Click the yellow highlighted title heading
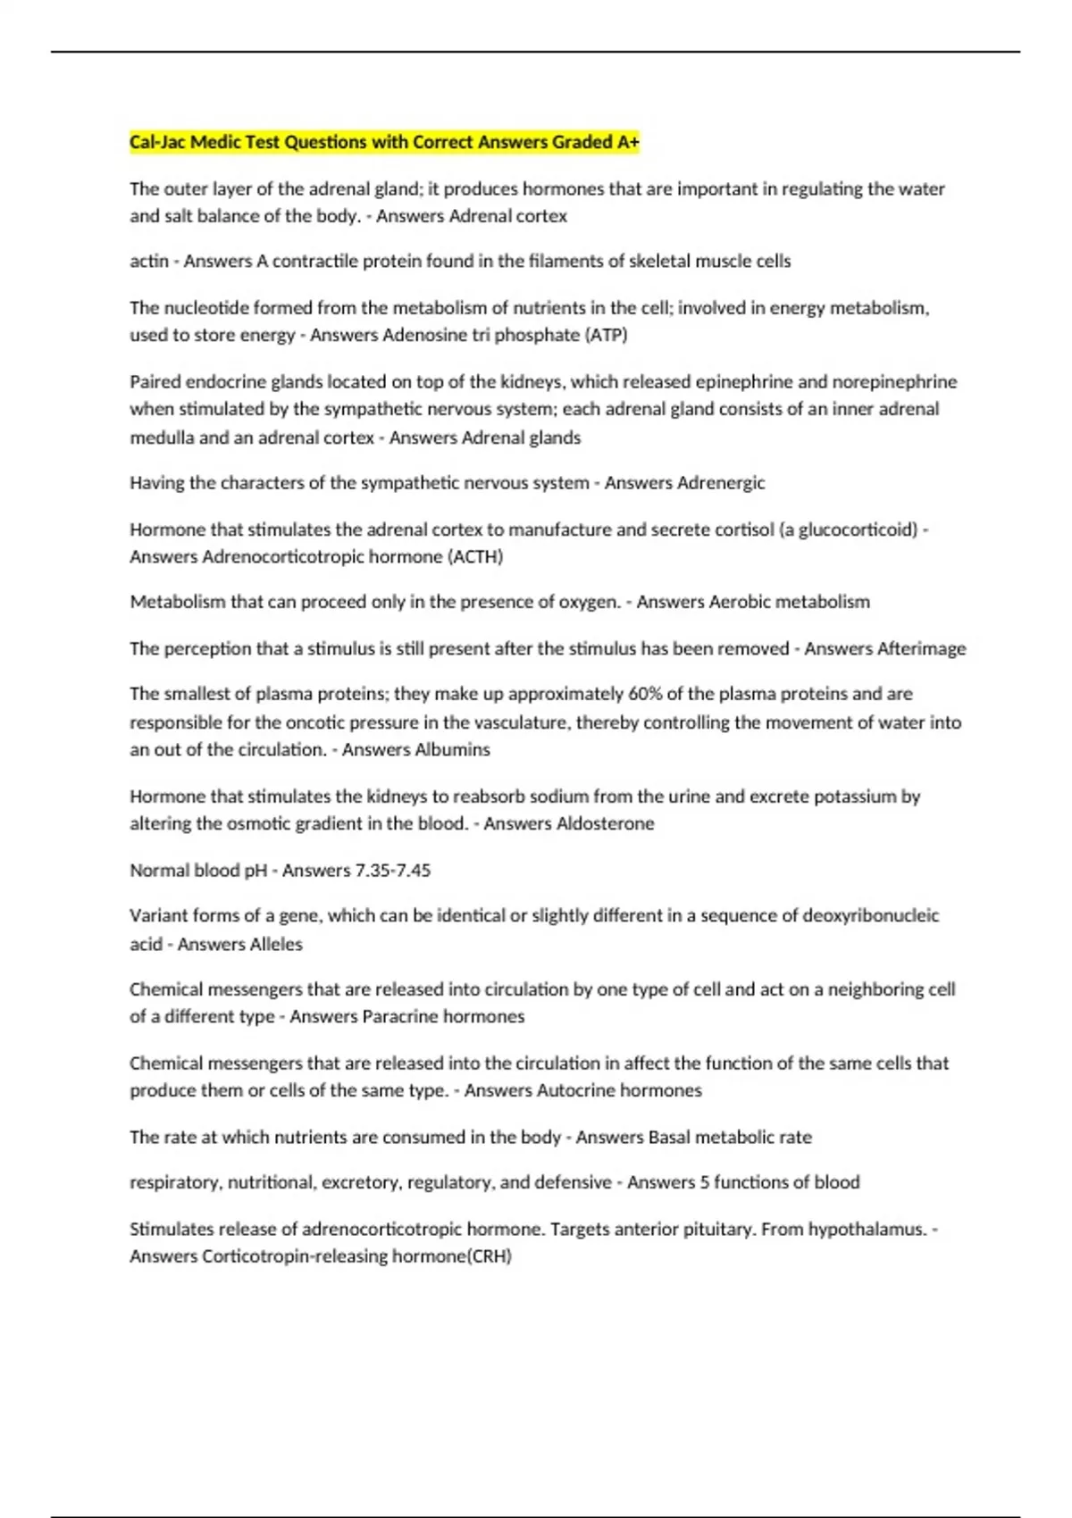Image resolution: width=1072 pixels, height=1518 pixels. pyautogui.click(x=384, y=142)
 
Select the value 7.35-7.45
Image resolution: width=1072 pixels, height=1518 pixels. pyautogui.click(x=393, y=870)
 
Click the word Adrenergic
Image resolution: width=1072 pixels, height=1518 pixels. pyautogui.click(x=721, y=483)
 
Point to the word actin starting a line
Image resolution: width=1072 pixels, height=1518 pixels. pyautogui.click(x=149, y=261)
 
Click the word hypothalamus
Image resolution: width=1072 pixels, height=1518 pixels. pyautogui.click(x=867, y=1229)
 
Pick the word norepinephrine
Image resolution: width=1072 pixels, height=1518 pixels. pyautogui.click(x=894, y=382)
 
